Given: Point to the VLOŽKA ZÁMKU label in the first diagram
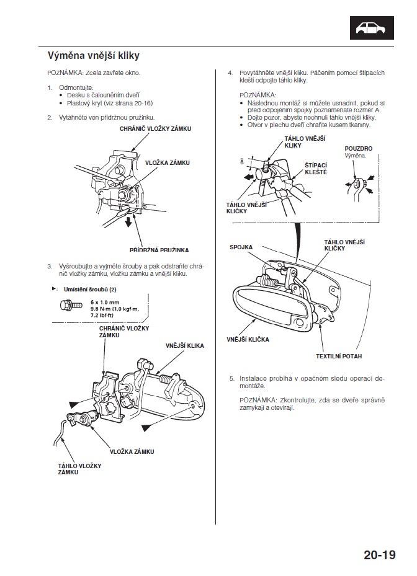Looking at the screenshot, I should point(167,162).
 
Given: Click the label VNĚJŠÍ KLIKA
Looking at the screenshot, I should point(185,345).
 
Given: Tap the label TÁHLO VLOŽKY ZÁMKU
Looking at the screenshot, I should point(79,469).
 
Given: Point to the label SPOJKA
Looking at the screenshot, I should point(241,247).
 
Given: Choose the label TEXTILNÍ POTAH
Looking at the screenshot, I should point(338,357).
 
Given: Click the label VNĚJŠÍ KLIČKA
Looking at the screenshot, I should point(246,339).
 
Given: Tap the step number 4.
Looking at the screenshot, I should point(230,73).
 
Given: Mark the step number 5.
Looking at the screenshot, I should point(231,377).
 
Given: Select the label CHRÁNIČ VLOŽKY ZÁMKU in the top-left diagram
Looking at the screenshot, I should point(156,129).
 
